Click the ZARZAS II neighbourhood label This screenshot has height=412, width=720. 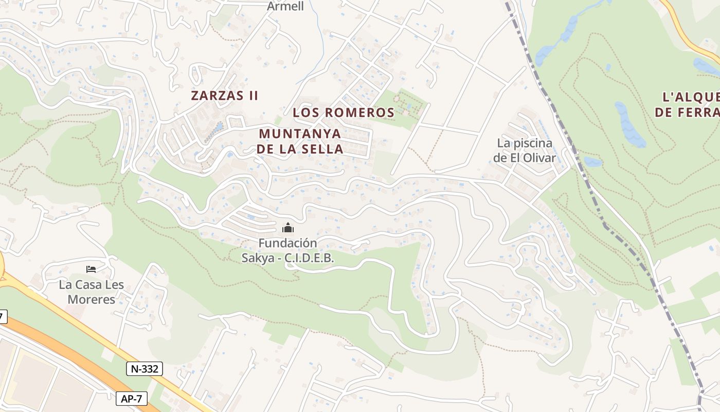pos(224,95)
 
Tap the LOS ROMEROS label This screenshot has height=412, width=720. pos(343,112)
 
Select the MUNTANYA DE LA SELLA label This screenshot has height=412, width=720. pos(300,141)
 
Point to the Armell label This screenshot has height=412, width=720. pos(285,6)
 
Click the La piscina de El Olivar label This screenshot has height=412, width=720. pos(525,150)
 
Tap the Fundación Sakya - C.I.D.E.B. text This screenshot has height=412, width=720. pos(288,250)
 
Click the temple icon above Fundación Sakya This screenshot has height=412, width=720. pos(288,228)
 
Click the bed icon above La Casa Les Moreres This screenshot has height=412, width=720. pos(92,269)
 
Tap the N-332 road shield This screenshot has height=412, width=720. pos(145,368)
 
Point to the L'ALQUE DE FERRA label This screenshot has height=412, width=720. pos(689,105)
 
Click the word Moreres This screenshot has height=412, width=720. pos(92,299)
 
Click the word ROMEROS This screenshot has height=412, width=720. pos(359,112)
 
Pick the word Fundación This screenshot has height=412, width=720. pos(287,243)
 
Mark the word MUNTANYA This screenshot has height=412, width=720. pos(300,133)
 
